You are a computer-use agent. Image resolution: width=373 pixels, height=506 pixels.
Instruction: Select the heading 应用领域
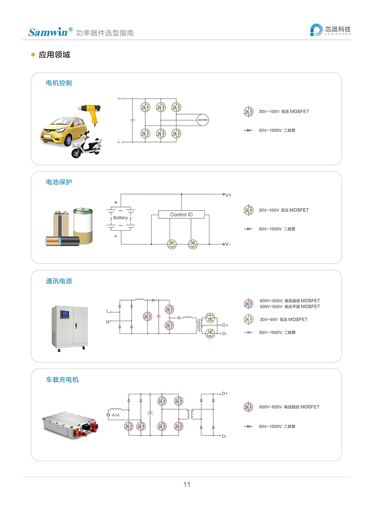point(54,55)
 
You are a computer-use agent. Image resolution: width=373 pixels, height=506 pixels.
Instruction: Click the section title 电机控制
point(59,83)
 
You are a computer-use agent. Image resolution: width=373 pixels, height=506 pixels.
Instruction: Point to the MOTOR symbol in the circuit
point(203,120)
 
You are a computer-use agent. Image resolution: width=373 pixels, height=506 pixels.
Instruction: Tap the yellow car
point(65,131)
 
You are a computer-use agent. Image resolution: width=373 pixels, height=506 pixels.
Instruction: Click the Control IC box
point(181,215)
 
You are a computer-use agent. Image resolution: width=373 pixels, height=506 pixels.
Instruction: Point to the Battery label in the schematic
point(120,217)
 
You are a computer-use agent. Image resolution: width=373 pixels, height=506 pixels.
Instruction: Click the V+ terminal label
point(228,195)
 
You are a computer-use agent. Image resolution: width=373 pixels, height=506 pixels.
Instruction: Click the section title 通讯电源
point(59,281)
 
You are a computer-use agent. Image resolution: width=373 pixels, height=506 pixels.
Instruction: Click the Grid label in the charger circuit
point(115,415)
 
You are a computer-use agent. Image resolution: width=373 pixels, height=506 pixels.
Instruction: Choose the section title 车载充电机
point(62,380)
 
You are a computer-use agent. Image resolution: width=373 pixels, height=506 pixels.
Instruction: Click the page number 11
point(186,484)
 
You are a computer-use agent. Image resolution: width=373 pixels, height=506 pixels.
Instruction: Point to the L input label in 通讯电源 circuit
point(107,312)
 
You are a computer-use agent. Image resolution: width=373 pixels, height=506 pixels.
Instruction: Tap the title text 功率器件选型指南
point(105,33)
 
